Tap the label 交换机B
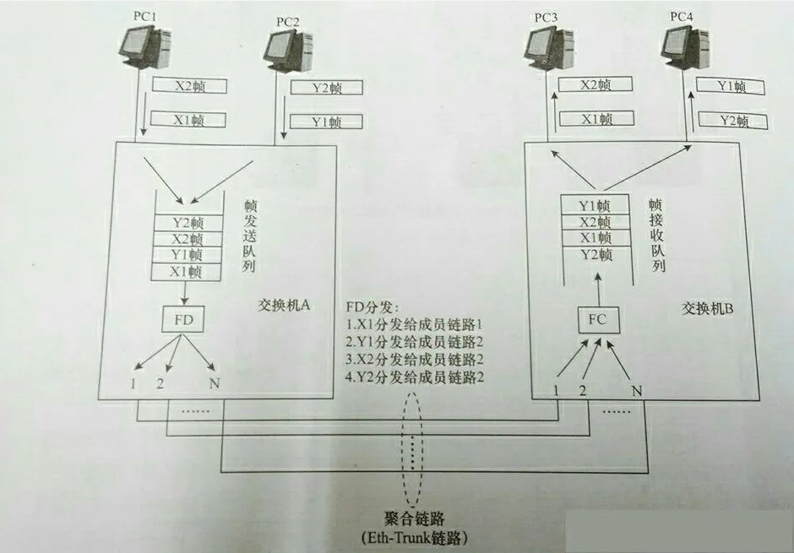pos(708,309)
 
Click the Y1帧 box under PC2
pos(326,122)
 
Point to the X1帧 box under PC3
pos(595,119)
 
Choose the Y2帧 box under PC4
pos(731,121)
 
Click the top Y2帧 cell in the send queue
pos(188,223)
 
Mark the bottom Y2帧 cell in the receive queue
pos(595,255)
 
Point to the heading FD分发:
pos(373,306)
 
